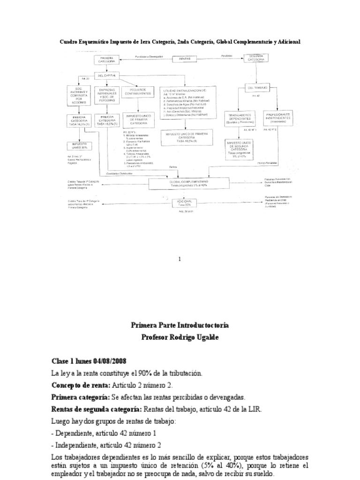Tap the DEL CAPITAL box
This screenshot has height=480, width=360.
point(107,75)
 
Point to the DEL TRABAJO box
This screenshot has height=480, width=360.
point(257,88)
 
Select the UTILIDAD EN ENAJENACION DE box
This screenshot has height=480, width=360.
point(187,103)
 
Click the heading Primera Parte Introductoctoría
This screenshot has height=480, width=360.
point(180,325)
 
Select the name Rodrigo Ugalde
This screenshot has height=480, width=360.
point(196,337)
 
